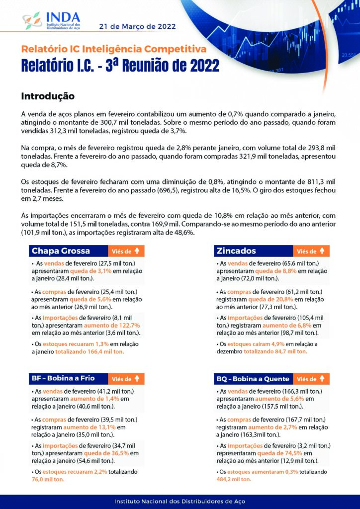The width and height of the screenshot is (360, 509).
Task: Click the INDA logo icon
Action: click(x=32, y=21)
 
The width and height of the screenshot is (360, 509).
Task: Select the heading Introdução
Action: click(x=48, y=95)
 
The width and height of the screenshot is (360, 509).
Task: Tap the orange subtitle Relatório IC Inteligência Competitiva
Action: click(x=113, y=49)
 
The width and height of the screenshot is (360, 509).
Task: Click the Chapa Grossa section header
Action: click(x=61, y=251)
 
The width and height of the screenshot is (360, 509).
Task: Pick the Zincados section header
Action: click(x=236, y=251)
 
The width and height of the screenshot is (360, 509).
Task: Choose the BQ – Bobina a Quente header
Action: click(x=253, y=379)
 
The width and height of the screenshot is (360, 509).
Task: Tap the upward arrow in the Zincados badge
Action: click(x=322, y=251)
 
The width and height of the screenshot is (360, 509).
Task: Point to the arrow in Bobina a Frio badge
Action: click(x=138, y=379)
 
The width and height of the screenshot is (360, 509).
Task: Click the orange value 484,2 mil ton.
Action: click(x=234, y=480)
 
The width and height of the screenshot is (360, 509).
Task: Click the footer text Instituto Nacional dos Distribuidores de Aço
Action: click(x=180, y=502)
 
